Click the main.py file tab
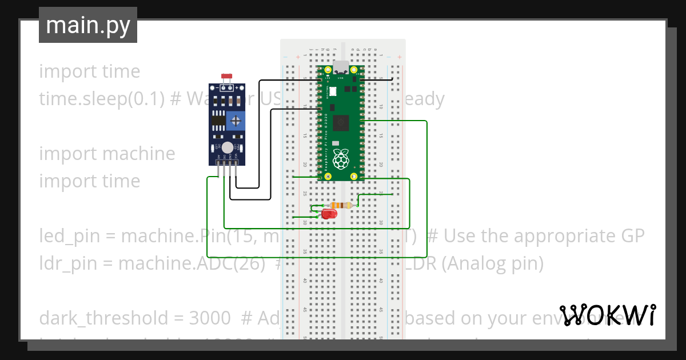pyautogui.click(x=87, y=25)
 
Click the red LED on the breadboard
pyautogui.click(x=329, y=214)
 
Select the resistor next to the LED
pyautogui.click(x=341, y=205)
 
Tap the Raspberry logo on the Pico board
pyautogui.click(x=341, y=159)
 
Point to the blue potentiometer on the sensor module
pyautogui.click(x=236, y=120)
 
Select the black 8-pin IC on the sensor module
pyautogui.click(x=218, y=120)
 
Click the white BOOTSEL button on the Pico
pyautogui.click(x=332, y=91)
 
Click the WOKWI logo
pyautogui.click(x=608, y=315)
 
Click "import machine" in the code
pyautogui.click(x=107, y=153)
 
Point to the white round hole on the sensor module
pyautogui.click(x=228, y=147)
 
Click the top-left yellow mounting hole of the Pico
pyautogui.click(x=328, y=70)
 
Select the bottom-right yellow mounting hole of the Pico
pyautogui.click(x=354, y=176)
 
